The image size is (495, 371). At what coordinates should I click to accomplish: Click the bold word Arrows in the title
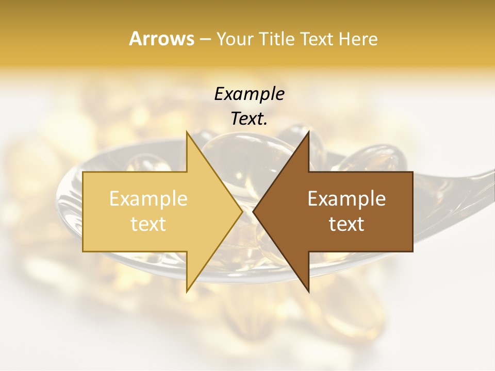(161, 39)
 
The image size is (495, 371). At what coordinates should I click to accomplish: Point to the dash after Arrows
(205, 40)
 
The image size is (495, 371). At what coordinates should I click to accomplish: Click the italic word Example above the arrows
(249, 94)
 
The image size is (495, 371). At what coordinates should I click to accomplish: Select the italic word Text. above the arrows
(249, 119)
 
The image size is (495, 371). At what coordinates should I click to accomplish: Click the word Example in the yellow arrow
(148, 199)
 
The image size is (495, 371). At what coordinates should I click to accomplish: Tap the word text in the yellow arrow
(148, 224)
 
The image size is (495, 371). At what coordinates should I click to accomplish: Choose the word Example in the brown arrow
(346, 199)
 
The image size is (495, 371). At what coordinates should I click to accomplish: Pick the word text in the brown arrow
(346, 224)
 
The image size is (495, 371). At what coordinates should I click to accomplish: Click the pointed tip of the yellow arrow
(241, 212)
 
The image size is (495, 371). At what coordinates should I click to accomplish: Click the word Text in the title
(316, 39)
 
